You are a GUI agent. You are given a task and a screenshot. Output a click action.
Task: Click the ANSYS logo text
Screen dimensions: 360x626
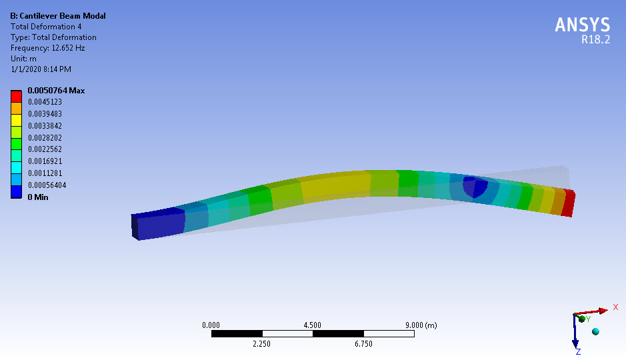[582, 25]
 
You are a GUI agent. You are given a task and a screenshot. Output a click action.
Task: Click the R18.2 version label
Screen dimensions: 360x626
[595, 39]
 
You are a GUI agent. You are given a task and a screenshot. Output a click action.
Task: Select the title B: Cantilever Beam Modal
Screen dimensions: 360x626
[58, 16]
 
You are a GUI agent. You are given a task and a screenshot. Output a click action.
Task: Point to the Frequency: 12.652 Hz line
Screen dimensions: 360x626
[48, 48]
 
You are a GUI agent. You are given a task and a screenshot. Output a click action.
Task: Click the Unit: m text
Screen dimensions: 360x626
[23, 59]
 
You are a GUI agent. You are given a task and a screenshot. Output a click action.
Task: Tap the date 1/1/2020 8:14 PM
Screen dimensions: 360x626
[41, 69]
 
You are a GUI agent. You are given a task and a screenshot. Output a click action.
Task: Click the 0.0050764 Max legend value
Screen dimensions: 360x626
[56, 91]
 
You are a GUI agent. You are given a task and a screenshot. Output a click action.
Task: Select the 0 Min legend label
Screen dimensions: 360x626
[37, 197]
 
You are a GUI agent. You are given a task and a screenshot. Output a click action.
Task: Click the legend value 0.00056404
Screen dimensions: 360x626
[47, 185]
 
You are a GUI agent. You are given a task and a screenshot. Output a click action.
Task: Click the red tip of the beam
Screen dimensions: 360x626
[568, 202]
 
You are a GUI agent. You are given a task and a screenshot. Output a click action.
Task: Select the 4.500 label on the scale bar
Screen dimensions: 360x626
[312, 325]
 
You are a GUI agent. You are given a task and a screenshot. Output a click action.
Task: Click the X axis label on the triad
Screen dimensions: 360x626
[616, 309]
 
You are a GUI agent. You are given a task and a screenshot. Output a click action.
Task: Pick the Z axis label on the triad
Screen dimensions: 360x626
[578, 351]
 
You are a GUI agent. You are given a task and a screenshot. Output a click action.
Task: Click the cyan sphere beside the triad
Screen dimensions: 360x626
[595, 331]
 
